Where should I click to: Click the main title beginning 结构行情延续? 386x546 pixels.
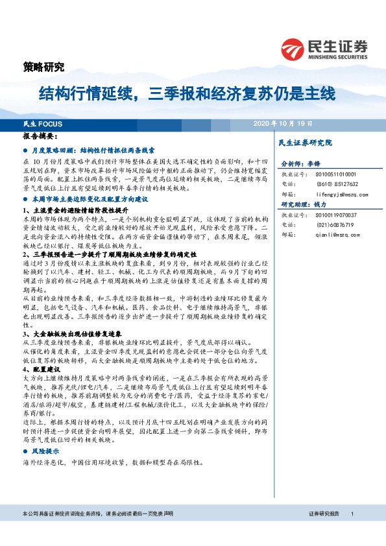[x=187, y=94]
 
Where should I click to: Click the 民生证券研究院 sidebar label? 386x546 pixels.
[x=304, y=142]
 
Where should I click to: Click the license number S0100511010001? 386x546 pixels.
[x=334, y=174]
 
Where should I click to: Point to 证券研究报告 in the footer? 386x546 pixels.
[x=324, y=532]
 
